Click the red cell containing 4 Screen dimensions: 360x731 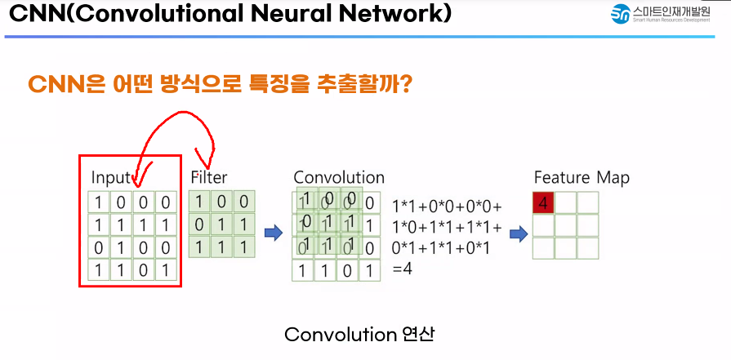pos(543,203)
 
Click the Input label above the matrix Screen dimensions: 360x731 pos(110,177)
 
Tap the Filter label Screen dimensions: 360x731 pos(209,177)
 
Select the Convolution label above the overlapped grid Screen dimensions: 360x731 pos(338,177)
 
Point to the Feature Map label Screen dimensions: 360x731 pos(582,177)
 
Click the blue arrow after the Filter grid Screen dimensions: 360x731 pos(274,233)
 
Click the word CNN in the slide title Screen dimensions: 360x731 pos(34,15)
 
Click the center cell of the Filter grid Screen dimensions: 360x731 pos(221,224)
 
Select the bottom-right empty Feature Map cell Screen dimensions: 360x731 pos(587,248)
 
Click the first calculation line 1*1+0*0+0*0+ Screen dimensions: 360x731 pos(448,206)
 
